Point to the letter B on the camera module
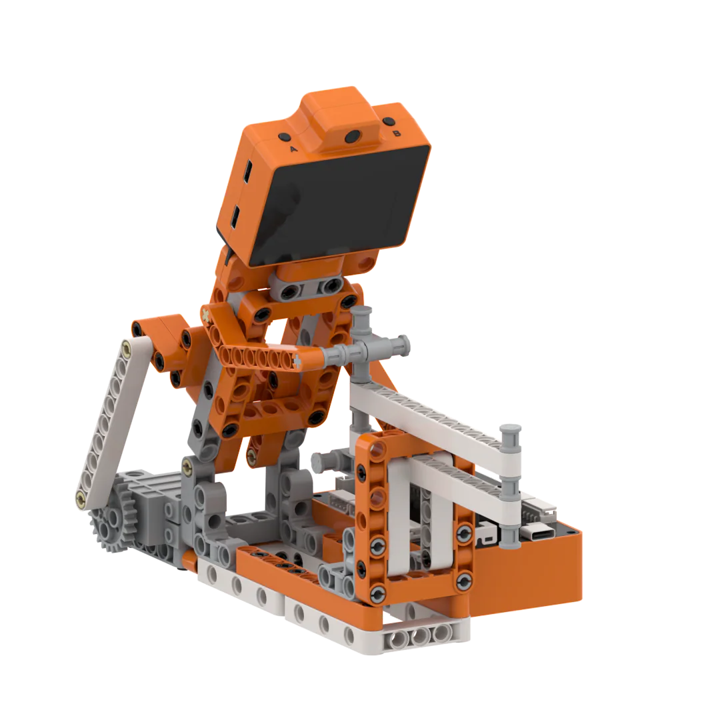pos(397,133)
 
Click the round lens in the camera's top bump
pos(353,137)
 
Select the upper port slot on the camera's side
pos(247,172)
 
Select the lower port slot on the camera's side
pos(235,217)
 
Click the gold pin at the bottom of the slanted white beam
pos(81,497)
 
